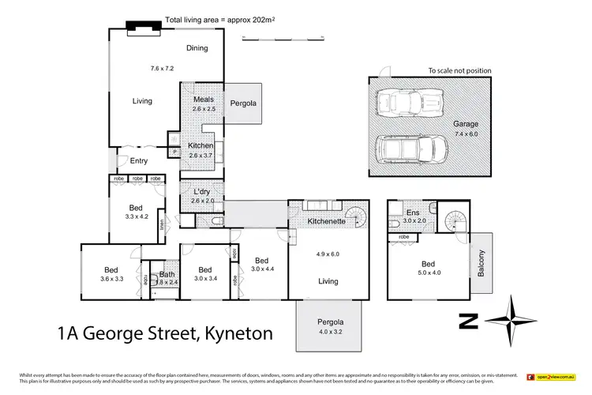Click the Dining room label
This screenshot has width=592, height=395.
pos(197,48)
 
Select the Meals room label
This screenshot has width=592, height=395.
pos(204,100)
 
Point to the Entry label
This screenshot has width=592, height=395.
pos(139,161)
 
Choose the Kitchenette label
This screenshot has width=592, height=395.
pos(327,222)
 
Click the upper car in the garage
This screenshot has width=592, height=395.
pos(409,104)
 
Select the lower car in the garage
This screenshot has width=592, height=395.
pos(409,148)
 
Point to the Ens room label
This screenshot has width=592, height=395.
pos(413,213)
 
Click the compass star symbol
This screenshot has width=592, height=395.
pos(512,321)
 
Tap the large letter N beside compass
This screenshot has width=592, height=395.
pos(470,321)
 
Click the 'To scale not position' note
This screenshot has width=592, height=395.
pos(459,70)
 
